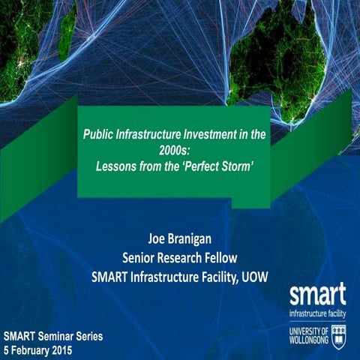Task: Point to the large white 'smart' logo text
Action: click(x=317, y=292)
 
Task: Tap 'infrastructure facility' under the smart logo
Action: click(x=317, y=308)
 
